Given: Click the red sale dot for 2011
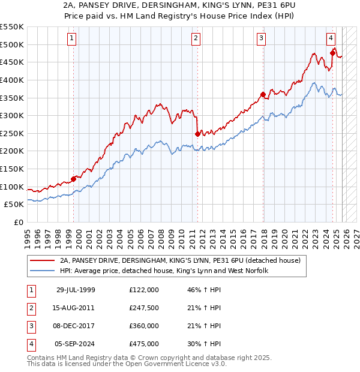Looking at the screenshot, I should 197,134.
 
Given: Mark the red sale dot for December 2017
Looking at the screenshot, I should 263,94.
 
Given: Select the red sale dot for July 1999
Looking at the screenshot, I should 74,178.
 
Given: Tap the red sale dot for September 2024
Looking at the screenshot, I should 332,53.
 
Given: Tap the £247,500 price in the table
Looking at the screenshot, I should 143,308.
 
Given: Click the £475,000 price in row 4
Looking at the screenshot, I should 143,344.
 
